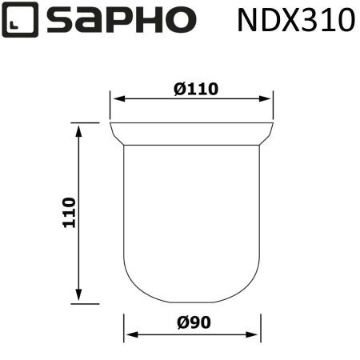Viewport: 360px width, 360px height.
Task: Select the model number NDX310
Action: point(295,20)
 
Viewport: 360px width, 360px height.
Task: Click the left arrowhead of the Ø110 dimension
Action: point(115,100)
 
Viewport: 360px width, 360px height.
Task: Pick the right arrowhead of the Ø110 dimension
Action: point(268,100)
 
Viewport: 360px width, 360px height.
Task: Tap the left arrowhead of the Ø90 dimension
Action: point(129,336)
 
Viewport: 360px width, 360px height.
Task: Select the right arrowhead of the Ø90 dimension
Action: point(255,336)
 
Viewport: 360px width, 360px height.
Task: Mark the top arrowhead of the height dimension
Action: point(78,129)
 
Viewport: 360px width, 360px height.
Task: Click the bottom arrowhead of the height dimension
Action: point(78,298)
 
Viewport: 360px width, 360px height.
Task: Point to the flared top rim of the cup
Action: point(191,134)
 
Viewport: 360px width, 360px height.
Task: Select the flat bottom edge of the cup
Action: point(192,303)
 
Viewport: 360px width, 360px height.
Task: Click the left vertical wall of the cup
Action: point(123,208)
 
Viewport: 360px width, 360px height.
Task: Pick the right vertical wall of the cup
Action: point(260,208)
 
